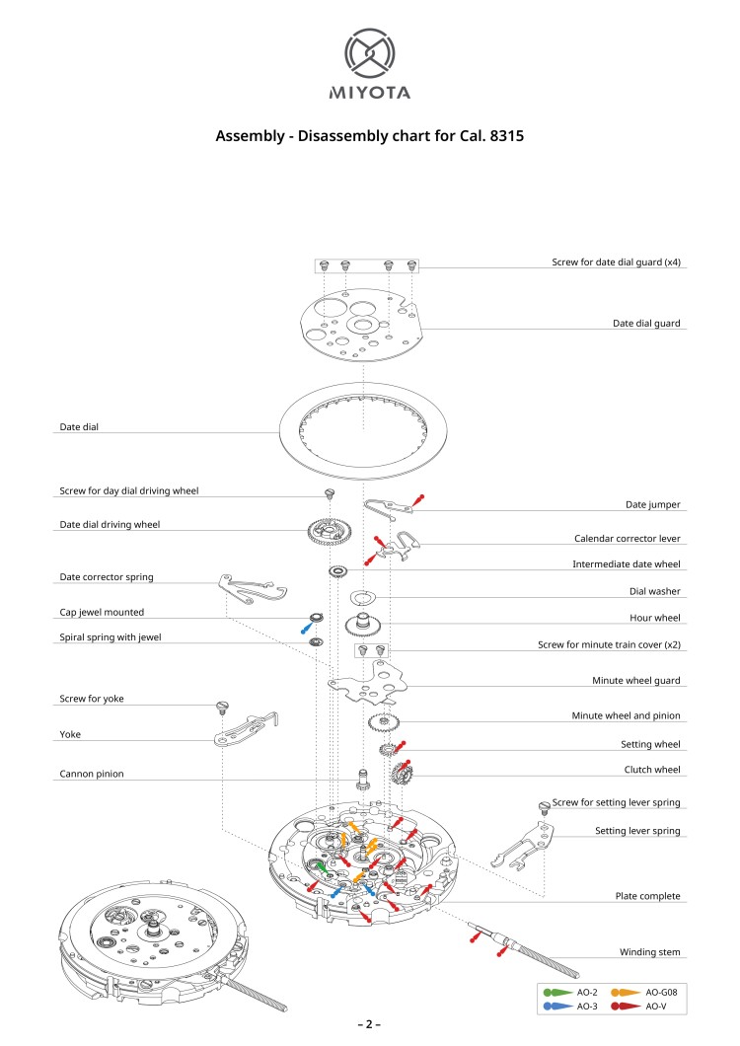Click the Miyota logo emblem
point(370,53)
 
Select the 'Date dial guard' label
point(646,323)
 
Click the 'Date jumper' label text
point(653,504)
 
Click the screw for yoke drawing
point(223,707)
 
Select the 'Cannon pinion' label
point(92,774)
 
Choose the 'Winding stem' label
point(649,952)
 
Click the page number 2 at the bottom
point(369,1024)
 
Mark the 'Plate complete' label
point(647,896)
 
